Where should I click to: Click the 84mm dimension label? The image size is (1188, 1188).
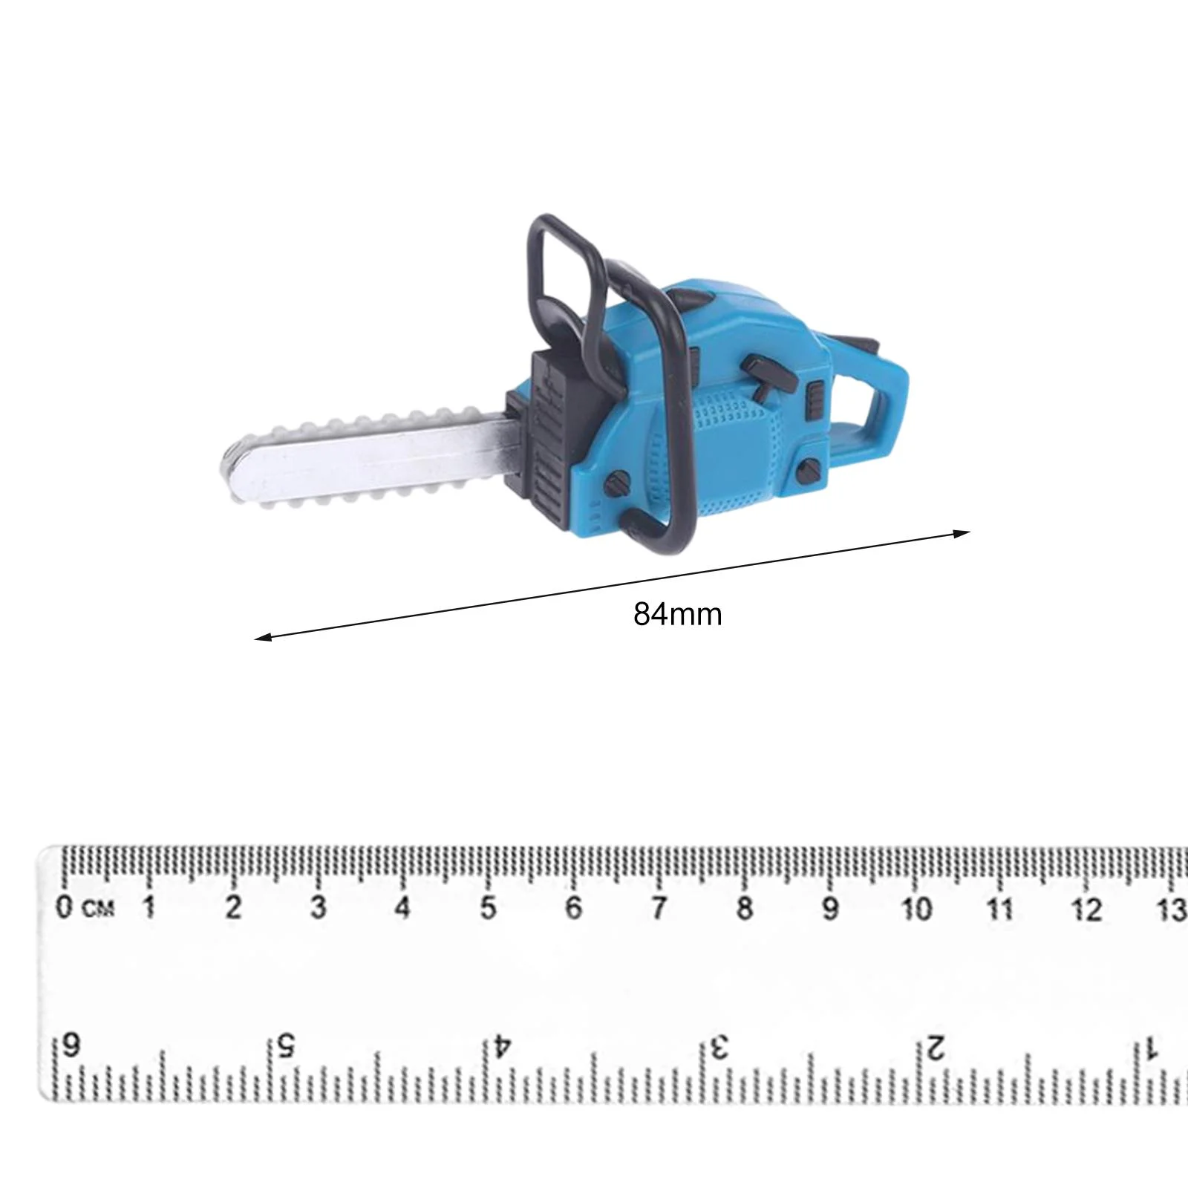[x=677, y=615]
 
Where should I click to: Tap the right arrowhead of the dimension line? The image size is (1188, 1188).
[x=962, y=532]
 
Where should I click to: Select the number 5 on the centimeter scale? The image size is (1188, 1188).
[x=488, y=908]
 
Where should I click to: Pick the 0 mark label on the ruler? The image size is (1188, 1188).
[x=67, y=907]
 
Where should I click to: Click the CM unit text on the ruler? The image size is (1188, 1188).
[x=99, y=909]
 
